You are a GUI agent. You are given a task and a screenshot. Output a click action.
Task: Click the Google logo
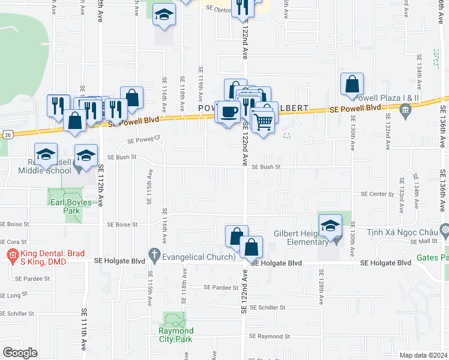point(20,353)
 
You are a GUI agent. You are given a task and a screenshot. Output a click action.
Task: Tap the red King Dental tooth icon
point(11,255)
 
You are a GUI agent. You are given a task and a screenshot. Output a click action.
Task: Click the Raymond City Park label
point(176,335)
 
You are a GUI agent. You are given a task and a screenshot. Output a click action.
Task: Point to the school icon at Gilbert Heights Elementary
point(330,226)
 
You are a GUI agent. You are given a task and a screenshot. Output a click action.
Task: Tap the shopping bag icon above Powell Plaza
point(352,85)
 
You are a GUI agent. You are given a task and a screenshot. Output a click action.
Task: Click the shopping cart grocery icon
point(263,121)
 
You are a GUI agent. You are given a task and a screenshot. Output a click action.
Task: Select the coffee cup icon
point(228,112)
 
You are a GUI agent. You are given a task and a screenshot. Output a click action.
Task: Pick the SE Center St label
point(376,194)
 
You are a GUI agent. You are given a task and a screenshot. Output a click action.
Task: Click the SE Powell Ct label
point(145,141)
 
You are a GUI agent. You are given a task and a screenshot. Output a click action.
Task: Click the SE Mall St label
point(420,241)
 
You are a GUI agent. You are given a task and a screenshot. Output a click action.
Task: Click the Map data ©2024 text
point(423,355)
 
